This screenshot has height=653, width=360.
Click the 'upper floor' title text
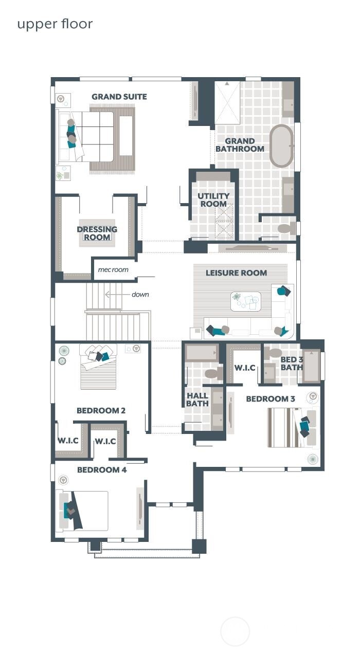55,24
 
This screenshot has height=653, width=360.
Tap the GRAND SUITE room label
119,97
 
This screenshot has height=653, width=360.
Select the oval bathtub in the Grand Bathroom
281,146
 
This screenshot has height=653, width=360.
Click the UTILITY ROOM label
213,200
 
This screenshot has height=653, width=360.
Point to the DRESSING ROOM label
97,233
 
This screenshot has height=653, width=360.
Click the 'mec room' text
113,269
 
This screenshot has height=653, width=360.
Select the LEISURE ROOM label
237,273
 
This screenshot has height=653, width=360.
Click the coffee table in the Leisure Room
246,301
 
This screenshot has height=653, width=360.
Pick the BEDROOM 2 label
101,410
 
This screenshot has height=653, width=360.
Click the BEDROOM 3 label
271,398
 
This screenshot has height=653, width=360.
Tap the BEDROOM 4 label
102,469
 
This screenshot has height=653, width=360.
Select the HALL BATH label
197,400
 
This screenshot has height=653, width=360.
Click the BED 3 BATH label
292,364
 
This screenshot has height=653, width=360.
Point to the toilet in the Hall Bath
212,373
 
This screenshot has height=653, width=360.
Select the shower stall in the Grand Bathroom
227,103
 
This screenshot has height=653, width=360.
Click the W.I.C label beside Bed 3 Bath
245,368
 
